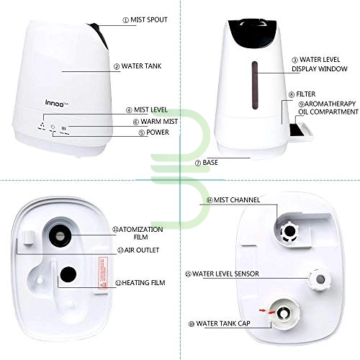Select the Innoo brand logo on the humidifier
[x=55, y=103]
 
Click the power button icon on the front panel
[x=53, y=127]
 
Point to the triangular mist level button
[x=42, y=125]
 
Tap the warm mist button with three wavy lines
[x=64, y=128]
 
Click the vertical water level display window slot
[x=255, y=86]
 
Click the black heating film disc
[x=68, y=274]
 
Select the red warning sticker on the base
[x=103, y=273]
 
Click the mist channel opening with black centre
[x=289, y=231]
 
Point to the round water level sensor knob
[x=320, y=279]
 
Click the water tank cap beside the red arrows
[x=284, y=313]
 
